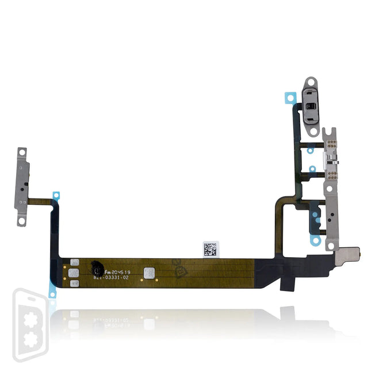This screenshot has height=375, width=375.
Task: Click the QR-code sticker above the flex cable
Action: coord(211,249)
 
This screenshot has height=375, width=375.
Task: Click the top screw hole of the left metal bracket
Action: coord(22,152)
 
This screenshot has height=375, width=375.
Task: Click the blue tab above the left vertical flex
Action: coord(56,196)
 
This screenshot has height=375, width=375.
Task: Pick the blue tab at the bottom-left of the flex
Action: coord(53,293)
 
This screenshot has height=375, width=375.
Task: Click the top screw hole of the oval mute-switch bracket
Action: coord(312,83)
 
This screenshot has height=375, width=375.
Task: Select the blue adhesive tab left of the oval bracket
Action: coord(290,98)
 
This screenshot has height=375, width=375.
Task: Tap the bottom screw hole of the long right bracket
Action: coord(330,245)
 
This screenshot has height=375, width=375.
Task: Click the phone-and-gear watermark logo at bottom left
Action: coord(29,325)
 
